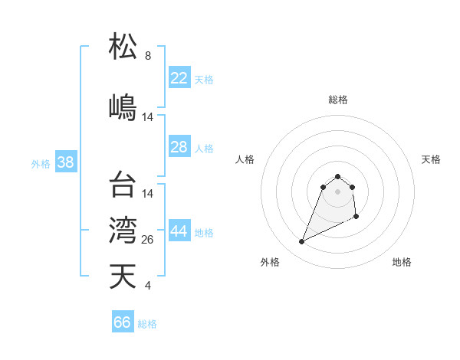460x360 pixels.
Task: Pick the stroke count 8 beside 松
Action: click(148, 56)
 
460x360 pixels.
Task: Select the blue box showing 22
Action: click(179, 78)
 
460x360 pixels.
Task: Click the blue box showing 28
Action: click(179, 147)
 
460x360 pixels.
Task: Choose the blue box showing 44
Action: click(179, 232)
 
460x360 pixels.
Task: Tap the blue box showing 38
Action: click(65, 162)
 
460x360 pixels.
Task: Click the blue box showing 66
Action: click(123, 322)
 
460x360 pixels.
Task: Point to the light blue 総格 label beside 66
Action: click(147, 324)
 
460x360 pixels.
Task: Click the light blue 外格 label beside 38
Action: click(41, 163)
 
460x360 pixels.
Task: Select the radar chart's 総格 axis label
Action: click(338, 100)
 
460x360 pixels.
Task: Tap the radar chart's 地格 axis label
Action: click(402, 263)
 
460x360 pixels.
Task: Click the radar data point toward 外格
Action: click(302, 242)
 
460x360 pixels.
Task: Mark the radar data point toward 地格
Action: click(357, 218)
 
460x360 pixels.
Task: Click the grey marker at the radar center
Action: click(338, 191)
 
